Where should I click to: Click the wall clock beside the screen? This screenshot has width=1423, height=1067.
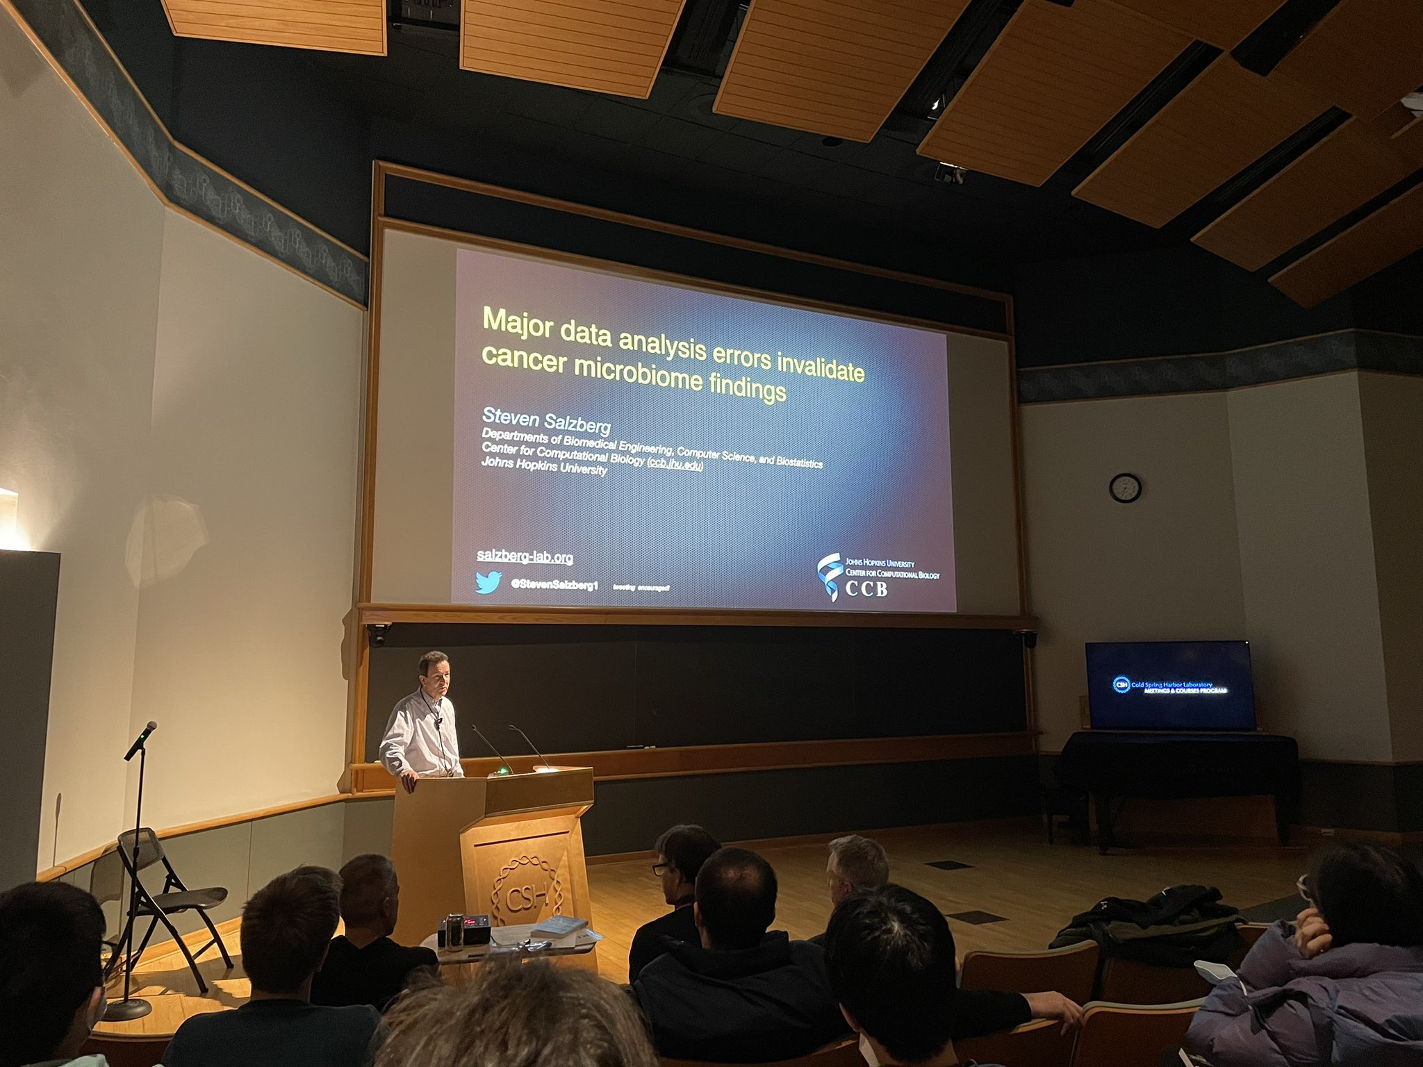(x=1124, y=487)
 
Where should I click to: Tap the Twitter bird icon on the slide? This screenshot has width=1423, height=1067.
(x=488, y=582)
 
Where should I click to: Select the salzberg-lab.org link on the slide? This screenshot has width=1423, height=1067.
(x=525, y=556)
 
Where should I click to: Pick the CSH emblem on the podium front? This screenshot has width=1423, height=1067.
(x=526, y=897)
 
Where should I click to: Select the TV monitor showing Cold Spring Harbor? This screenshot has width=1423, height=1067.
(x=1170, y=685)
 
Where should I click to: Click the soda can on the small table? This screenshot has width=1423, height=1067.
(x=454, y=932)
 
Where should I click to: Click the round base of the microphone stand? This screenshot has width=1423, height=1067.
(x=129, y=1008)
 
